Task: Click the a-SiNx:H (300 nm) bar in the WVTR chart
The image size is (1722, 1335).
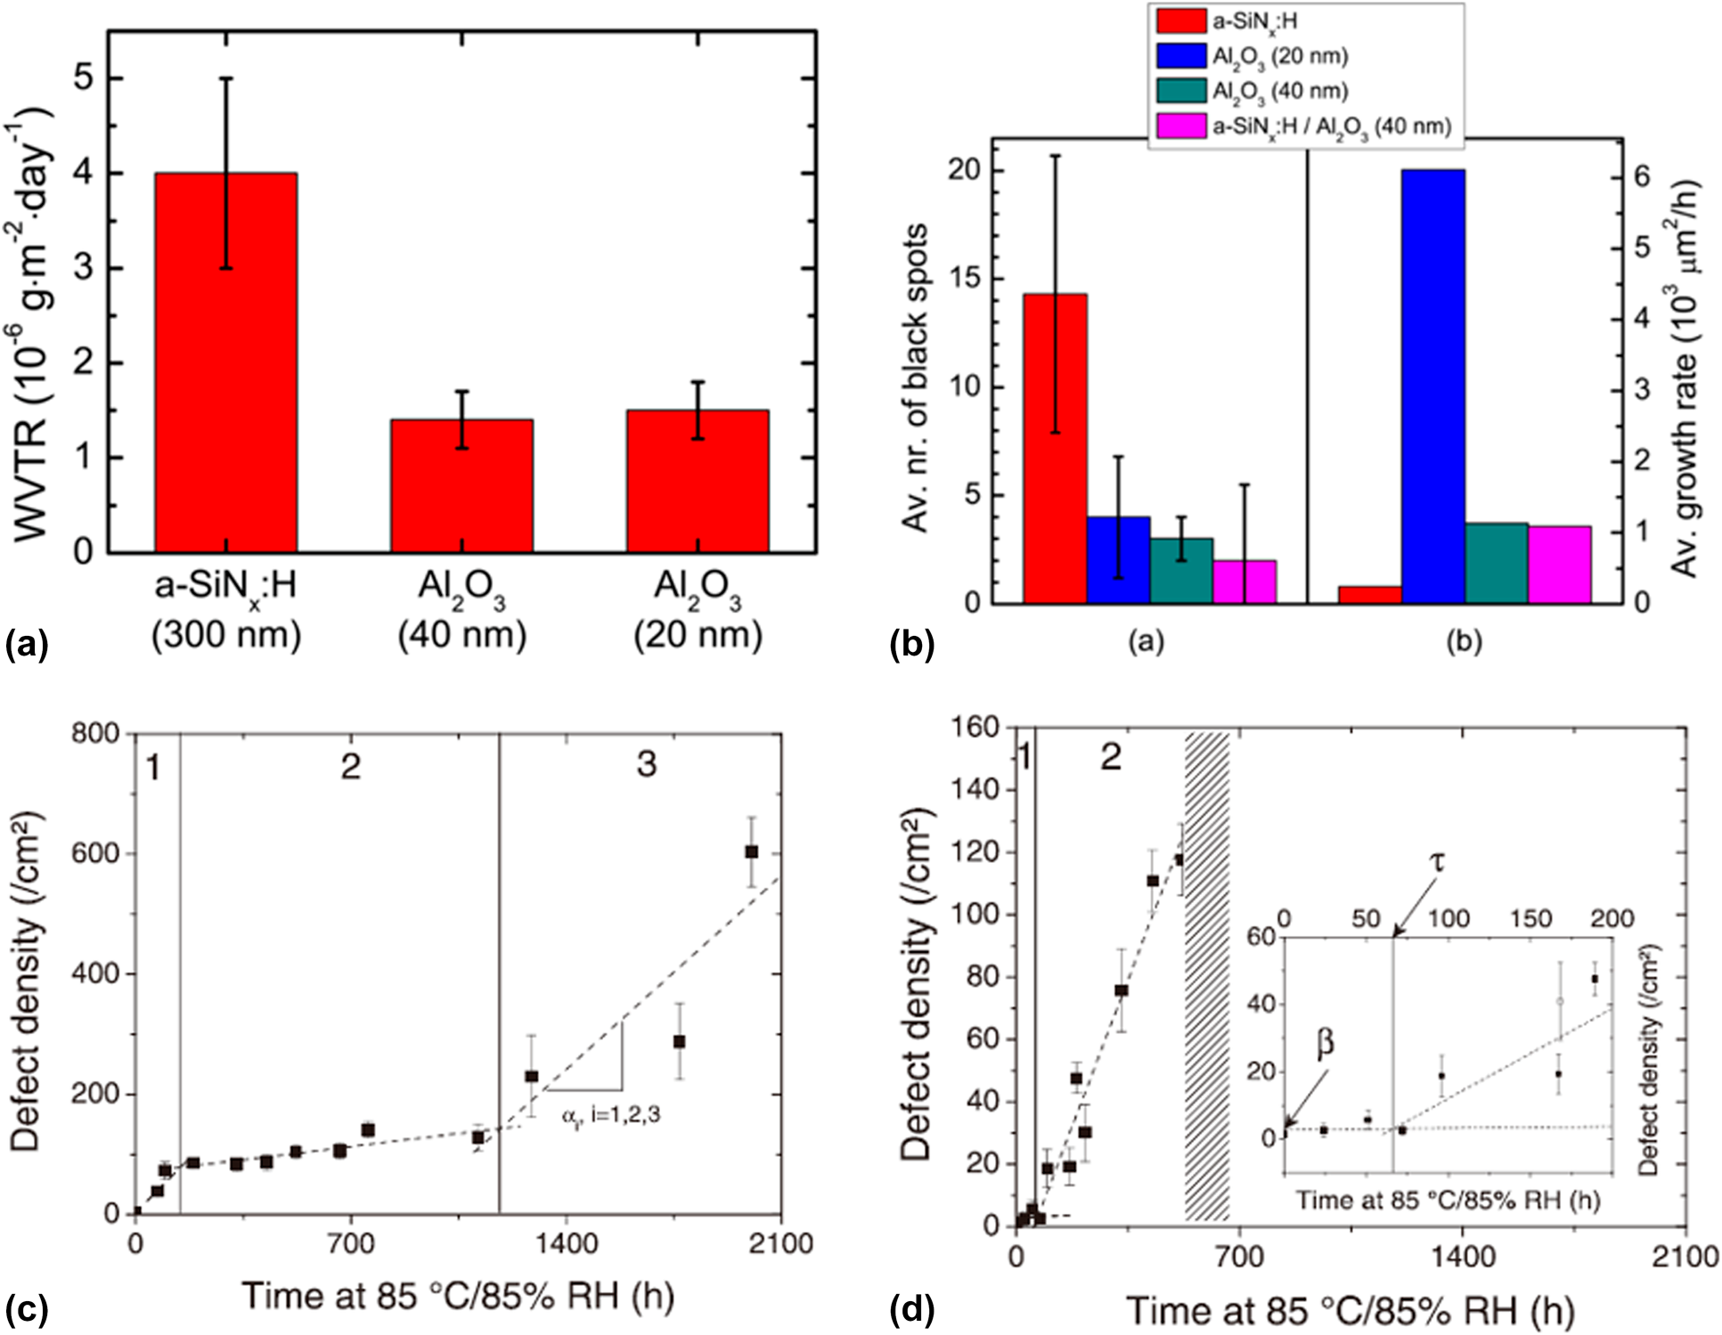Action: (x=226, y=362)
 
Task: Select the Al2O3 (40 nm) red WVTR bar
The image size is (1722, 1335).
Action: (x=461, y=485)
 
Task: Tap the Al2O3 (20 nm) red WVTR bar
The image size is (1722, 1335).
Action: (x=698, y=481)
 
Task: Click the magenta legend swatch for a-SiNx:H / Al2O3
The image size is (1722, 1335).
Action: (x=1181, y=126)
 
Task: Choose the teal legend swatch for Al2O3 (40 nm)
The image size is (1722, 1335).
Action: (x=1181, y=91)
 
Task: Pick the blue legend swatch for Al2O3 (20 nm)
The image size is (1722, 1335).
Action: (x=1181, y=55)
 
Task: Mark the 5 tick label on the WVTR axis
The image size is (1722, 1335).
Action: (x=82, y=78)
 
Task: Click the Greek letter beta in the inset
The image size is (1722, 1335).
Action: (x=1326, y=1042)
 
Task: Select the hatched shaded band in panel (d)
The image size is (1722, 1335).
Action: (x=1207, y=976)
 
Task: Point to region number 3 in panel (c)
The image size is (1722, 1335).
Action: (x=647, y=764)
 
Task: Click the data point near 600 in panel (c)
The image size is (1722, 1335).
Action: (x=751, y=852)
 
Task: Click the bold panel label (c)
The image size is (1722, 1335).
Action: (x=27, y=1309)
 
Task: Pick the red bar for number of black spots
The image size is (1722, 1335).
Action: (x=1055, y=448)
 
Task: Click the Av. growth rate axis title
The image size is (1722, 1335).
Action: (x=1683, y=379)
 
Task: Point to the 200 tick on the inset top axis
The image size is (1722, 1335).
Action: (x=1612, y=918)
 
